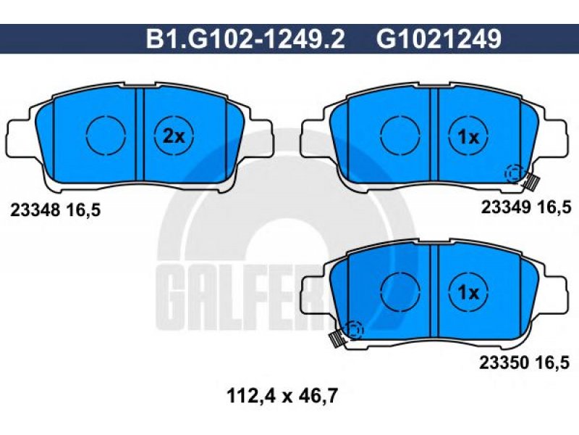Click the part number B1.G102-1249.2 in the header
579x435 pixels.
click(x=245, y=39)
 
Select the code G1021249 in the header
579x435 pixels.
click(x=439, y=39)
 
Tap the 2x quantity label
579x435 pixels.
click(x=174, y=137)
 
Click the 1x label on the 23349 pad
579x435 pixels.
click(x=468, y=138)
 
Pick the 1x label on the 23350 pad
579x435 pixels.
click(x=468, y=293)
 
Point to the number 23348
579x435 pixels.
click(x=35, y=210)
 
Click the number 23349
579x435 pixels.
click(x=505, y=207)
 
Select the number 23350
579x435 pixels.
click(x=504, y=363)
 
